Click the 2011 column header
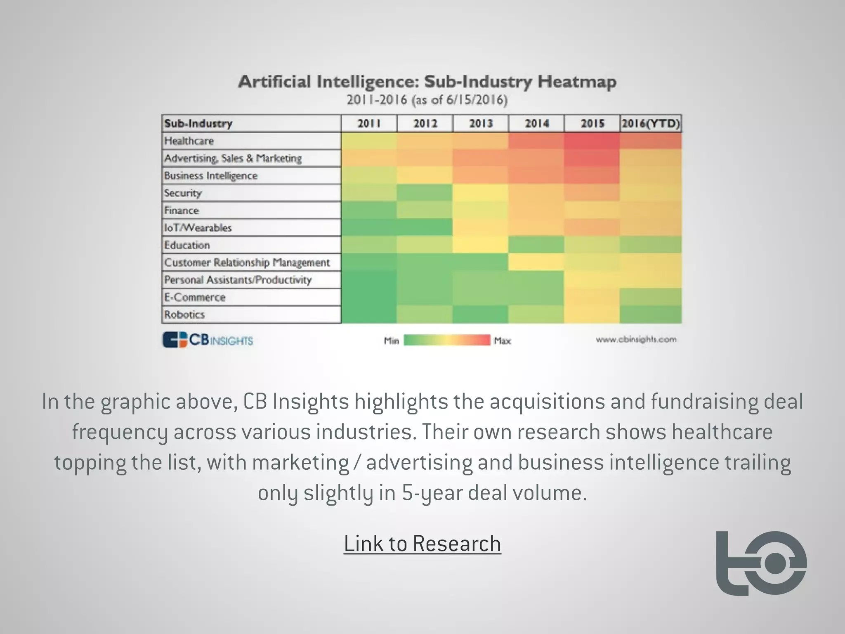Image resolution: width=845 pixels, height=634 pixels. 369,123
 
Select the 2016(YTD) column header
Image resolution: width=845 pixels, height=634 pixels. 651,123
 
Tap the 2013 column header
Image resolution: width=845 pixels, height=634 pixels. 481,123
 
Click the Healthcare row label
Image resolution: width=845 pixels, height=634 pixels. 189,141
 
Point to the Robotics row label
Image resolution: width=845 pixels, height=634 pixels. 184,315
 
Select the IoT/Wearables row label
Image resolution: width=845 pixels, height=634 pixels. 198,228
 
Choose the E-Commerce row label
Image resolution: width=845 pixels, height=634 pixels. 195,297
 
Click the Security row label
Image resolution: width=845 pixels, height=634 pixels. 183,193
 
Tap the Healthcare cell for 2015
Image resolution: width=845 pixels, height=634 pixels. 592,141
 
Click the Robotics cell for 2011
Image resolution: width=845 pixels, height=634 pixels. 369,315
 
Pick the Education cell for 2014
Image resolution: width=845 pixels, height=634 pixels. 536,245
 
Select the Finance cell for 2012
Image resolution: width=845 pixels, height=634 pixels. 425,211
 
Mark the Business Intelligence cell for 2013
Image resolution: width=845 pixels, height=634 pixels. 481,176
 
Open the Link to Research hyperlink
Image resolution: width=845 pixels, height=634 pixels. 422,544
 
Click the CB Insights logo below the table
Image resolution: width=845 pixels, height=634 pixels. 208,340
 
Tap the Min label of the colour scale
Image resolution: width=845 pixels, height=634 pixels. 391,341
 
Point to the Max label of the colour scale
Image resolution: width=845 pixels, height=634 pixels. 502,341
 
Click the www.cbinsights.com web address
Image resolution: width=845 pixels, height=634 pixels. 636,339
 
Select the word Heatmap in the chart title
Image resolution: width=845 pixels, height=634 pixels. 577,82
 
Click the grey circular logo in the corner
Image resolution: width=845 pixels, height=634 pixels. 761,563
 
